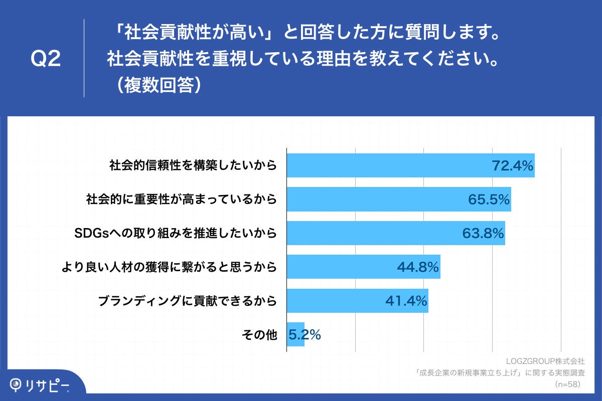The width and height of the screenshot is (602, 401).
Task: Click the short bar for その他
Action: tap(295, 334)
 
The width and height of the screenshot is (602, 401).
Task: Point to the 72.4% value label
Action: tap(512, 165)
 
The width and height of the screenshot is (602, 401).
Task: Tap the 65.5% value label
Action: tap(489, 199)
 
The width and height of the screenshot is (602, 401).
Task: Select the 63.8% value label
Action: tap(483, 233)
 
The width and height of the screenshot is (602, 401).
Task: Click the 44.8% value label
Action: tap(418, 267)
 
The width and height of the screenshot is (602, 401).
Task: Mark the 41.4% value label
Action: tap(406, 301)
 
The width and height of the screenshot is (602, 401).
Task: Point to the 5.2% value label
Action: tap(305, 334)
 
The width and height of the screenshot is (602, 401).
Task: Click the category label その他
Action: tap(259, 335)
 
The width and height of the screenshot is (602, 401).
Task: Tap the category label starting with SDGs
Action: tap(175, 233)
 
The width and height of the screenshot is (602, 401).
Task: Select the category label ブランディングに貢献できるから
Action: tap(187, 301)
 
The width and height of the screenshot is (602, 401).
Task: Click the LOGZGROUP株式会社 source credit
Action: tap(545, 361)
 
